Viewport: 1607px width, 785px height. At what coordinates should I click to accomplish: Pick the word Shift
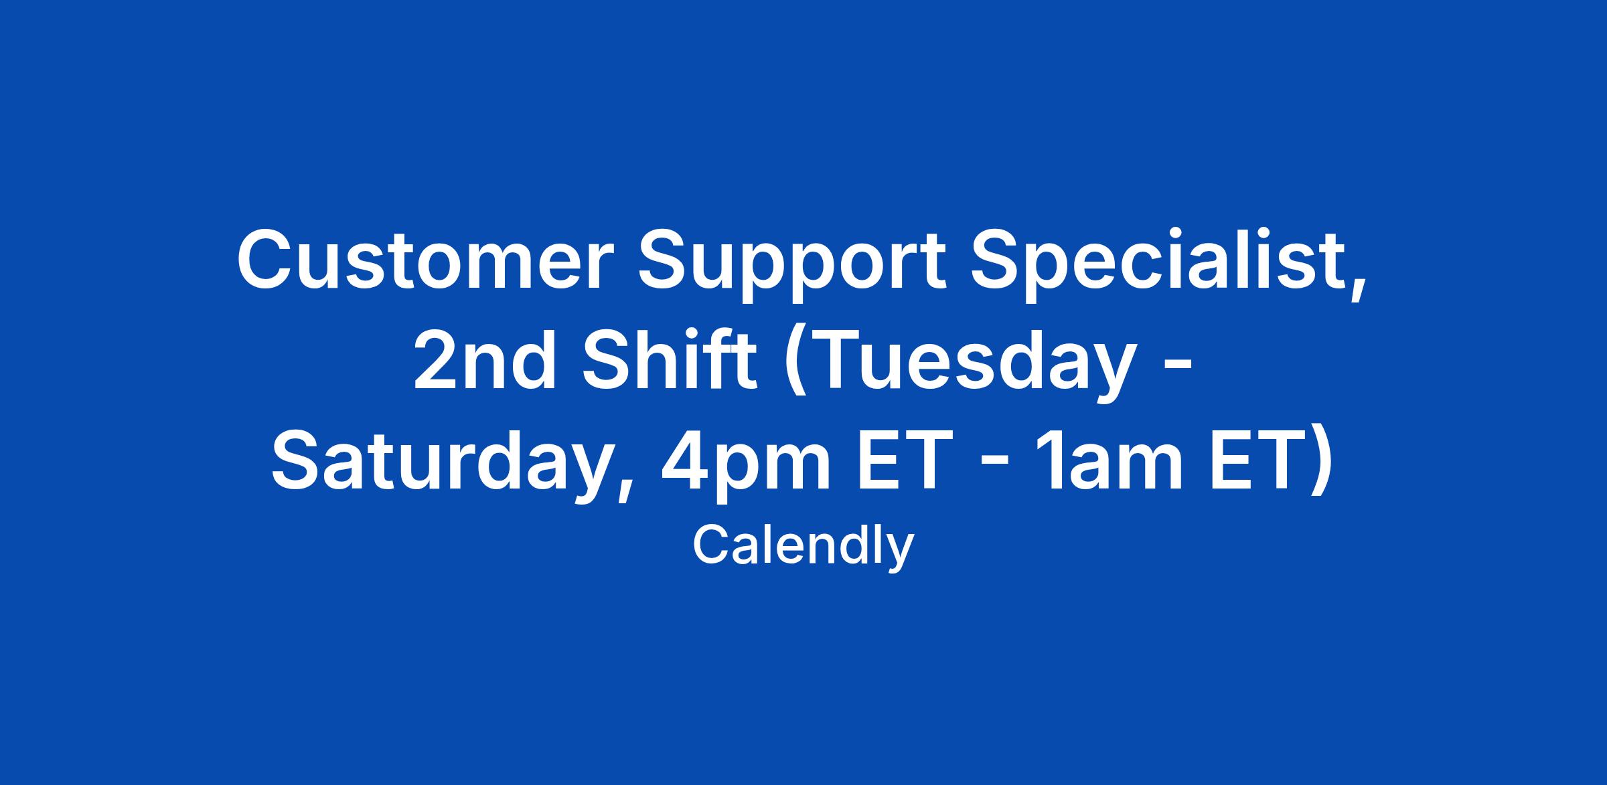669,360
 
